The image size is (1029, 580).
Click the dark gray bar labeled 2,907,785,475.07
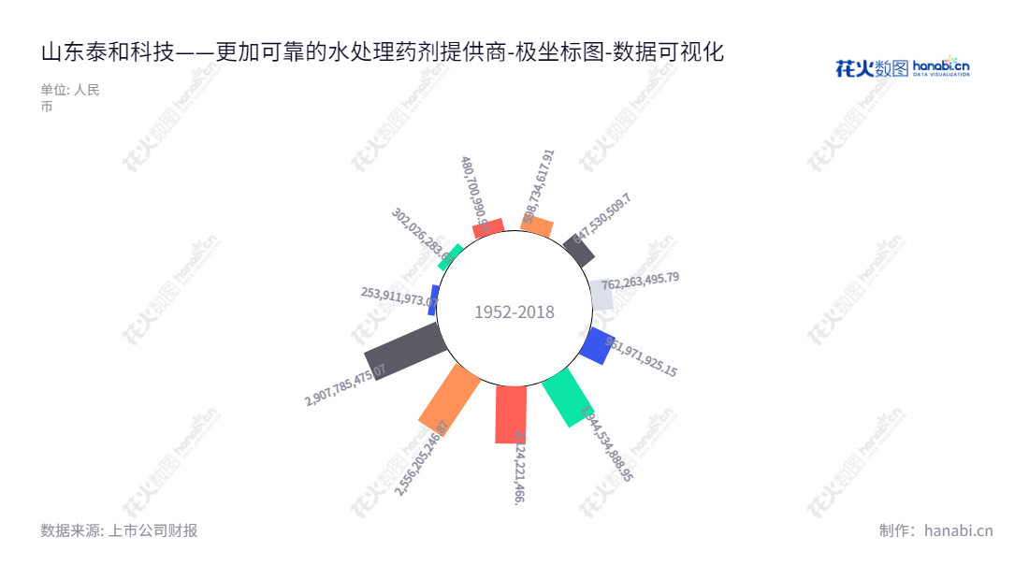coord(403,352)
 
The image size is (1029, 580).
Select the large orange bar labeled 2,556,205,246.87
coord(450,398)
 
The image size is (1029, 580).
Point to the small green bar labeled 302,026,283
coord(450,256)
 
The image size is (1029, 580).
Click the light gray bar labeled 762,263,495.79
coord(601,295)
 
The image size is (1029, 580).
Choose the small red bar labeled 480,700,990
coord(488,228)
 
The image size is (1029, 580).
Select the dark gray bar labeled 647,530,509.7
coord(579,251)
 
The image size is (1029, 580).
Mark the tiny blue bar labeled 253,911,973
coord(433,300)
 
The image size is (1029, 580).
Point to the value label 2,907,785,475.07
coord(345,384)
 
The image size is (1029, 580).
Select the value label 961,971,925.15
coord(641,356)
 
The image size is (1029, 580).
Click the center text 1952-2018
coord(514,312)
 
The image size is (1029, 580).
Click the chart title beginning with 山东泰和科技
coord(383,52)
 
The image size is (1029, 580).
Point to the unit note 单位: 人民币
coord(70,98)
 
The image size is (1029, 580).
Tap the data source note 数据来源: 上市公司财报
coord(119,530)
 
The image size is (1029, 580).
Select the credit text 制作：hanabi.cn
coord(935,530)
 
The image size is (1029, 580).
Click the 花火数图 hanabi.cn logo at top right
coord(902,67)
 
